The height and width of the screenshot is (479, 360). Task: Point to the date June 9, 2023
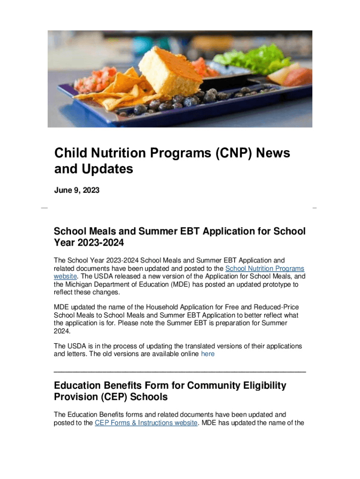point(77,190)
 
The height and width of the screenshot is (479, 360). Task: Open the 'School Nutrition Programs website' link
point(265,269)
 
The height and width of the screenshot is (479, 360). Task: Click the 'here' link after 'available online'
point(208,354)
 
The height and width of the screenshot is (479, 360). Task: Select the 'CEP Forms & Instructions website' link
point(146,423)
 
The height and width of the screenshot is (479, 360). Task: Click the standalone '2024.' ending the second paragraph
point(62,331)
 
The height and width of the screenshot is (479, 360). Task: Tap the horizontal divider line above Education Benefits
point(180,371)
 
